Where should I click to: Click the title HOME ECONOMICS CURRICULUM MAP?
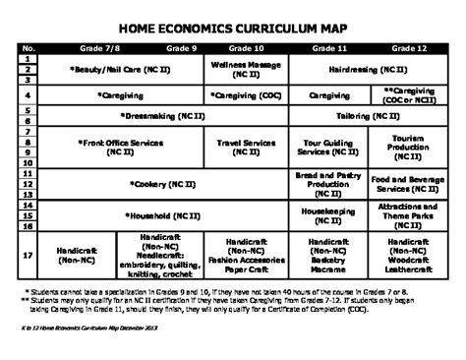point(232,28)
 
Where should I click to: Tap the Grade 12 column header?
point(408,48)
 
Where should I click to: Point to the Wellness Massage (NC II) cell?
point(246,69)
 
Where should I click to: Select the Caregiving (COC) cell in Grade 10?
point(246,95)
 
